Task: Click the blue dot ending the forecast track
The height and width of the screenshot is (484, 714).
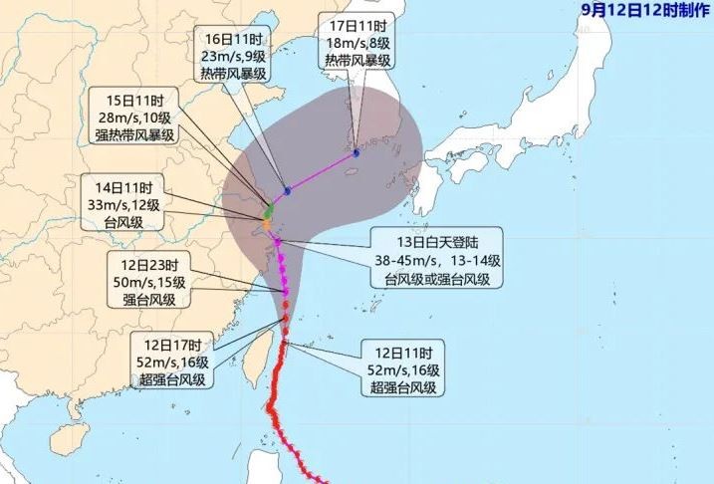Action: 356,153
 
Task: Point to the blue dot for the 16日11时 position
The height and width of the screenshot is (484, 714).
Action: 287,190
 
